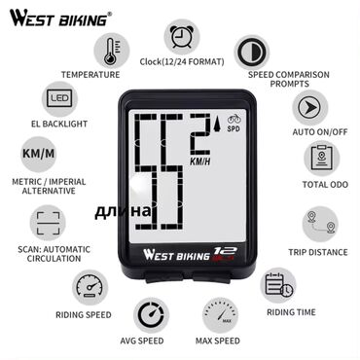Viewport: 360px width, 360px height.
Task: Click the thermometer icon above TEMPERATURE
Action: tap(112, 51)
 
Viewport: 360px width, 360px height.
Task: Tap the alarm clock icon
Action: tap(181, 37)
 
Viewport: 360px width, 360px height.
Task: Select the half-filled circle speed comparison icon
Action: tap(252, 53)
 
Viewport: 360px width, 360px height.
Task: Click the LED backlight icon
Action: tap(59, 99)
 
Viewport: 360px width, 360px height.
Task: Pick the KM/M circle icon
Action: tap(39, 154)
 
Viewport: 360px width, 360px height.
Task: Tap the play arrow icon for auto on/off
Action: tap(310, 108)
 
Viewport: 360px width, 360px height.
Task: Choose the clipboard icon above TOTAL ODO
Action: tap(322, 158)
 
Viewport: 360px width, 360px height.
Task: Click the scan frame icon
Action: tap(48, 223)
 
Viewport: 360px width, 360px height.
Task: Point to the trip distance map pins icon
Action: tap(320, 224)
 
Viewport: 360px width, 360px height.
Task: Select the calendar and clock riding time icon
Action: tap(278, 285)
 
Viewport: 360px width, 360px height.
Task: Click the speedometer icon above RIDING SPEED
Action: tap(90, 287)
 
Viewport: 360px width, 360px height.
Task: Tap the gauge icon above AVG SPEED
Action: tap(151, 315)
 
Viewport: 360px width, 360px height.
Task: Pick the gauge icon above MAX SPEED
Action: tap(220, 315)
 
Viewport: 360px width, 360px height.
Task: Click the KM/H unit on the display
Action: tap(199, 162)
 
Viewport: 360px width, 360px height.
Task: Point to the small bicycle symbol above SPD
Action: tap(234, 119)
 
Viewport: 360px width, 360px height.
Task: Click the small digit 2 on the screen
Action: tap(200, 134)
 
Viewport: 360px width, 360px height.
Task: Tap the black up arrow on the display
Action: tap(217, 125)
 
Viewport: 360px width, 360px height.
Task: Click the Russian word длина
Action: tap(123, 211)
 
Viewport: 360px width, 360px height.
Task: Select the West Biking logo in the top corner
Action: tap(60, 18)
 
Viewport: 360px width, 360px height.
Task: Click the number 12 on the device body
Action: tap(225, 252)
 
